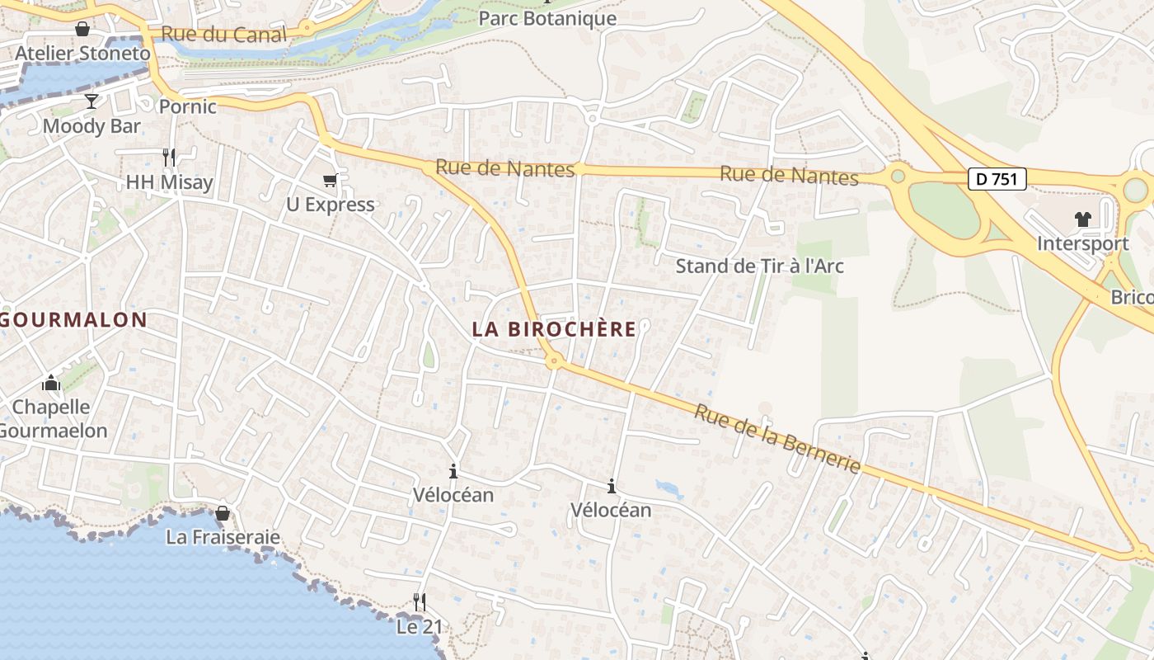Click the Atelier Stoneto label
(x=83, y=54)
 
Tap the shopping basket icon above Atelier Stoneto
(x=82, y=30)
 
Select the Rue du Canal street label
(x=224, y=35)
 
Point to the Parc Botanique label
(x=547, y=18)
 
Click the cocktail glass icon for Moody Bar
(x=91, y=101)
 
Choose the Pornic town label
(x=187, y=106)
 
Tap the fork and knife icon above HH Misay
(x=169, y=158)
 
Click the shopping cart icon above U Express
(x=331, y=180)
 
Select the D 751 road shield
(x=997, y=179)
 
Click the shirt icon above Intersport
(x=1082, y=219)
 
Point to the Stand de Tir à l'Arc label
(x=759, y=266)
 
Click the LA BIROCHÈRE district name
(x=554, y=329)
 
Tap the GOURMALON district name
(x=74, y=319)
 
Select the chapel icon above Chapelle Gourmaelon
(x=51, y=383)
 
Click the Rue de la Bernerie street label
(x=776, y=439)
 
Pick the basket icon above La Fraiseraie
(x=222, y=513)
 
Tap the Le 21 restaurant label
(x=420, y=627)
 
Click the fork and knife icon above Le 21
(x=420, y=602)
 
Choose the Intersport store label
(x=1082, y=244)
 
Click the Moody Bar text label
(x=91, y=126)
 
